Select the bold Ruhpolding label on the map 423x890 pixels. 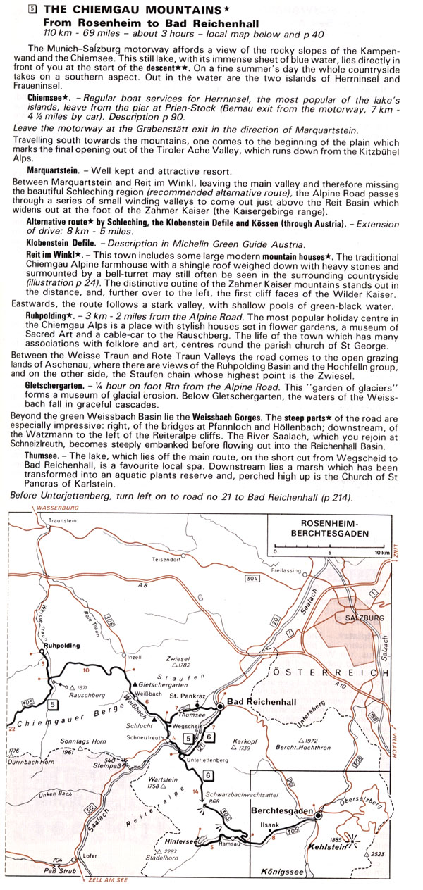click(x=59, y=645)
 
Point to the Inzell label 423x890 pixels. click(x=133, y=658)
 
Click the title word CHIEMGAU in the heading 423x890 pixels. click(x=94, y=10)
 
